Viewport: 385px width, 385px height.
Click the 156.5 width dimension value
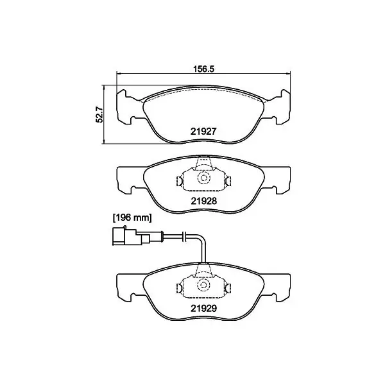click(203, 69)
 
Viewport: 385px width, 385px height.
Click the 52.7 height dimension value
click(99, 114)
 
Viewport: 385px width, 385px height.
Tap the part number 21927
click(203, 132)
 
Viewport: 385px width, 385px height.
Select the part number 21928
click(204, 201)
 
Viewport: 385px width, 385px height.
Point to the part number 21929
click(204, 308)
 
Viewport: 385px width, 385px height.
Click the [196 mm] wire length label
click(132, 218)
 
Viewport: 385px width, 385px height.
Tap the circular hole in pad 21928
click(203, 178)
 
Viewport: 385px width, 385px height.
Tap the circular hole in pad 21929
click(203, 285)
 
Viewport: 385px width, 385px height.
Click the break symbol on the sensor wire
click(185, 236)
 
